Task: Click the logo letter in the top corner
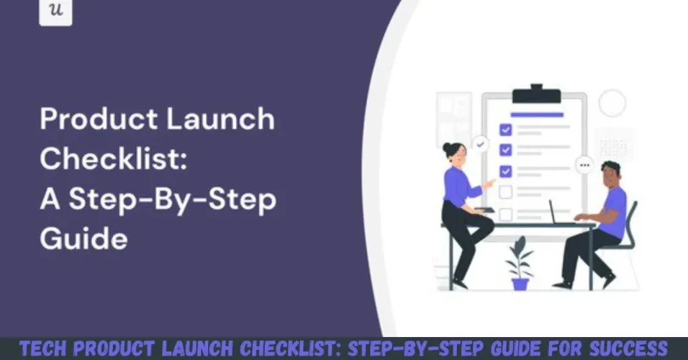[x=56, y=11]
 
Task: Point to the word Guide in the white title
[x=83, y=239]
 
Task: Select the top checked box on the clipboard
[x=505, y=130]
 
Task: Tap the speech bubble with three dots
[x=584, y=165]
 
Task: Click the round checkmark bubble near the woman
[x=481, y=144]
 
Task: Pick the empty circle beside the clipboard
[x=612, y=104]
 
